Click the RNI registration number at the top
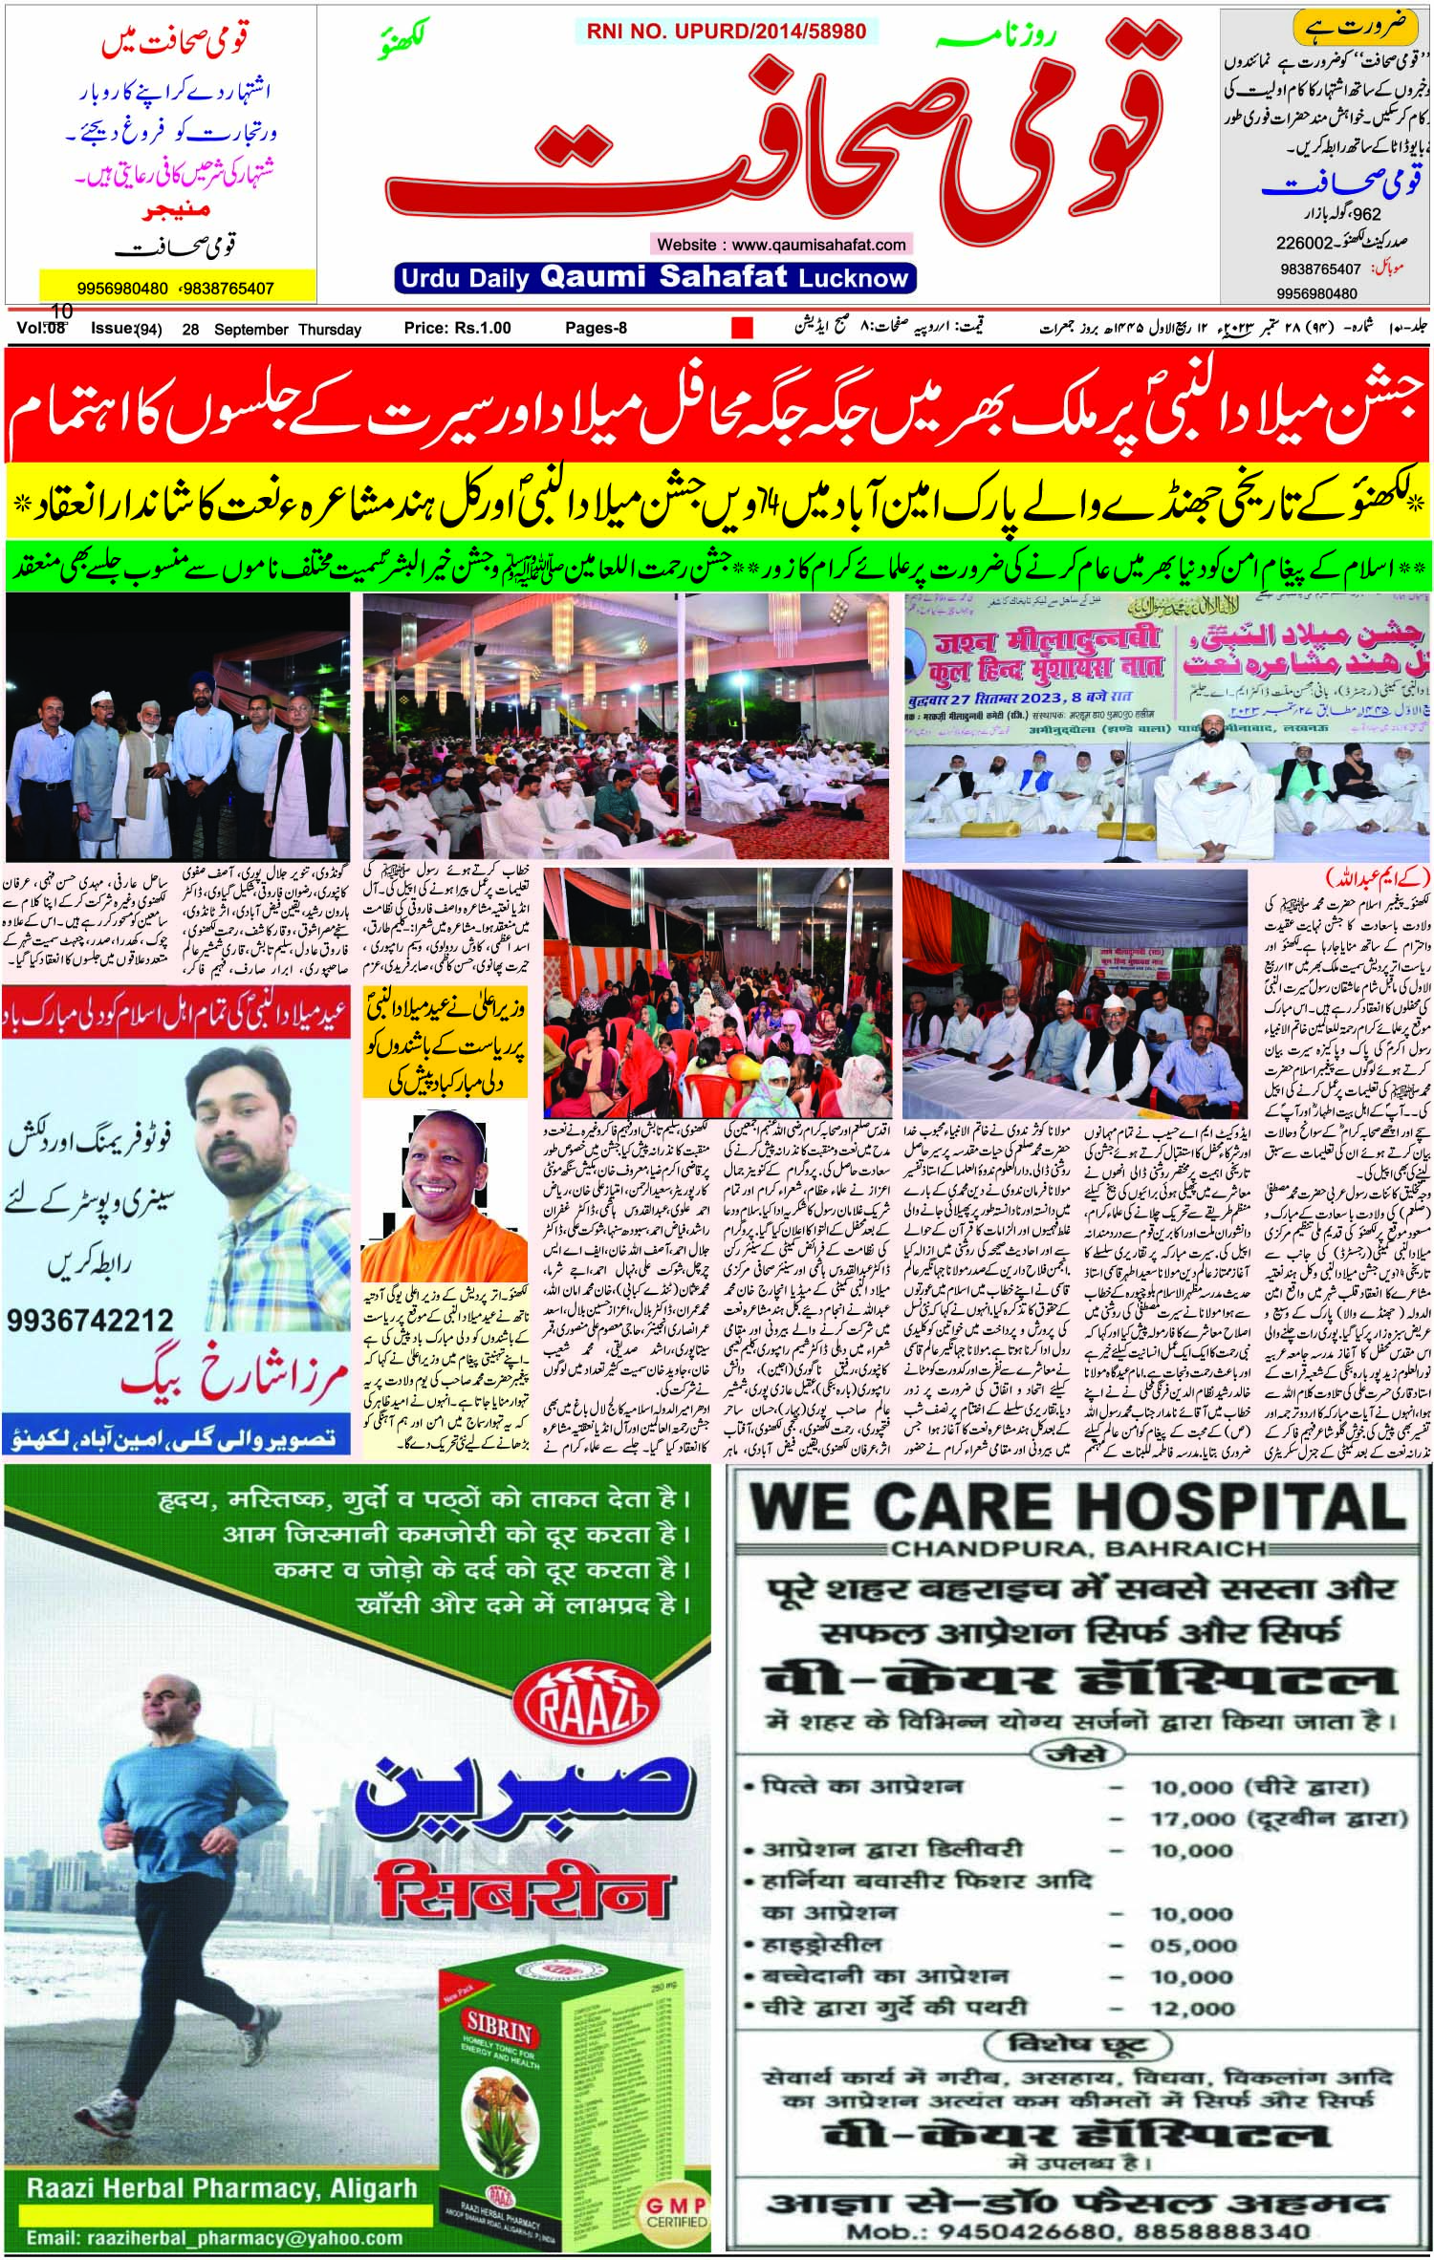point(722,31)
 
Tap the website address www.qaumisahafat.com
point(781,245)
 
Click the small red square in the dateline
point(742,328)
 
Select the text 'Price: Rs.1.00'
point(457,328)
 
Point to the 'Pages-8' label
point(596,328)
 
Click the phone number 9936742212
point(91,1322)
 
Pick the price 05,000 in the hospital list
point(1194,1943)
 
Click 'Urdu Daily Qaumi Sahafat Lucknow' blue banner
point(654,278)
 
